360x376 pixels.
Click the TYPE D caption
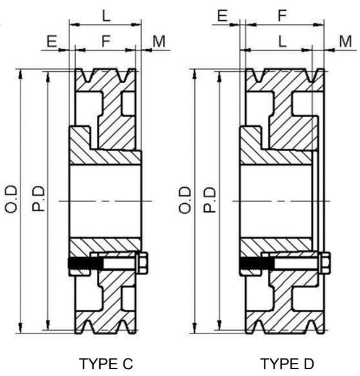[x=286, y=363]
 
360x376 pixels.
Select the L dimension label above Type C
[x=106, y=16]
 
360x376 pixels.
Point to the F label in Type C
[x=105, y=41]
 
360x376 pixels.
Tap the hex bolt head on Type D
[x=325, y=263]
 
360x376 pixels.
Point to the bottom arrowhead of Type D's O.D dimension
[x=194, y=328]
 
